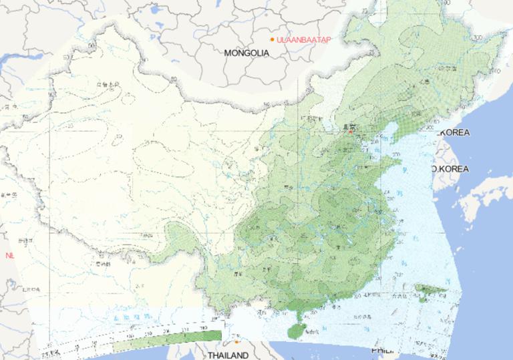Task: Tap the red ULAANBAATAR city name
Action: pyautogui.click(x=303, y=40)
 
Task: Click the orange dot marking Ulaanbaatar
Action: pyautogui.click(x=272, y=40)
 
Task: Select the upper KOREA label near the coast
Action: pyautogui.click(x=454, y=132)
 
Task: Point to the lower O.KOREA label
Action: pyautogui.click(x=450, y=169)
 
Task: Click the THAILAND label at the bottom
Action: pyautogui.click(x=227, y=355)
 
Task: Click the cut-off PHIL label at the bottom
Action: pyautogui.click(x=381, y=349)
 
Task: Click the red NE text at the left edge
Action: pyautogui.click(x=9, y=255)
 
